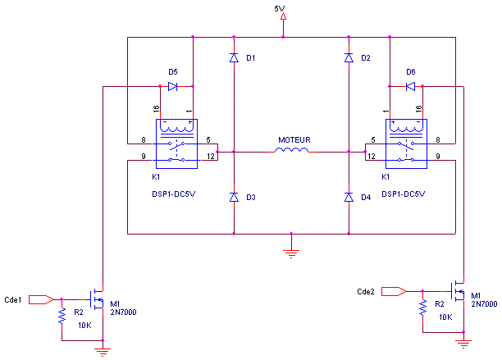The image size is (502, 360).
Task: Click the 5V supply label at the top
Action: coord(280,9)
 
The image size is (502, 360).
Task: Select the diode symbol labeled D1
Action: coord(234,58)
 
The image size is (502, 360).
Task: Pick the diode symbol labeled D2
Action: coord(349,58)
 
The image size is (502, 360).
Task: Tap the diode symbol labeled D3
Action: coord(234,198)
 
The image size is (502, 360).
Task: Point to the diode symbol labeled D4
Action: coord(349,198)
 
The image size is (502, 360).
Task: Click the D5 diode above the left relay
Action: coord(173,86)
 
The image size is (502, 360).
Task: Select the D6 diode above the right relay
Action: coord(409,86)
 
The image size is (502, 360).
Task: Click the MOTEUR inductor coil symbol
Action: coord(292,151)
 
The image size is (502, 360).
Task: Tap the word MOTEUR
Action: coord(294,140)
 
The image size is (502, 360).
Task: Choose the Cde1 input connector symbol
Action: coord(41,299)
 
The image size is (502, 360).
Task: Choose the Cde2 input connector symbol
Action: coord(394,291)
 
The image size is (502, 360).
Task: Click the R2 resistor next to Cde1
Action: coord(62,317)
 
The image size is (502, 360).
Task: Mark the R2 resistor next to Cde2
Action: coord(422,308)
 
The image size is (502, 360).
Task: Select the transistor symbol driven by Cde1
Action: coord(96,299)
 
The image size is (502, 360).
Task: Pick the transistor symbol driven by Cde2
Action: coord(456,291)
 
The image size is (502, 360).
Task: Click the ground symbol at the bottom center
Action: coord(291,251)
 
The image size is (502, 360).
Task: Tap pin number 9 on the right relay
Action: coord(438,156)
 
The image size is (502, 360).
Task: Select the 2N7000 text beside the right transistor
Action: coord(484,303)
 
